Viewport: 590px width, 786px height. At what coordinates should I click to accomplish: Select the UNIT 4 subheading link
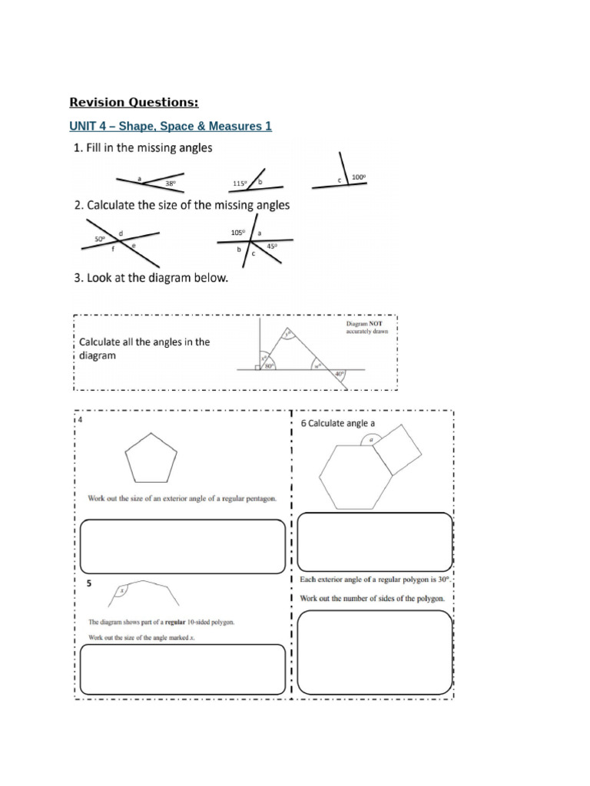[x=171, y=126]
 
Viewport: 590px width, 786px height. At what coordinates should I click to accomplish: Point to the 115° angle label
[x=240, y=183]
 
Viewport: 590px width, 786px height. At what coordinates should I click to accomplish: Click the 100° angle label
[x=358, y=177]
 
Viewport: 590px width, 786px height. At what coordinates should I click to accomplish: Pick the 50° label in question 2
[x=100, y=239]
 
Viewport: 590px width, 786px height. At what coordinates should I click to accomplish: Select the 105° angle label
[x=237, y=233]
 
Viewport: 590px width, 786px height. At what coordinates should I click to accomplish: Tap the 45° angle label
[x=272, y=246]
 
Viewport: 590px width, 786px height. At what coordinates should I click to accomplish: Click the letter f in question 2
[x=112, y=249]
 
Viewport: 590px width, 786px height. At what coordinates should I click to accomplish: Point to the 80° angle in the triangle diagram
[x=270, y=366]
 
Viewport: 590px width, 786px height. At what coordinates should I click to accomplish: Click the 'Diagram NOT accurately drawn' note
[x=367, y=328]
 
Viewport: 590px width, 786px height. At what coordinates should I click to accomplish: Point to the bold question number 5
[x=89, y=583]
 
